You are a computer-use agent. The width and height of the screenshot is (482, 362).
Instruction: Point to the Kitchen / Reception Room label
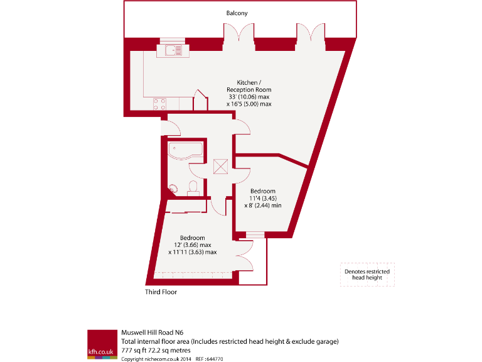(x=249, y=86)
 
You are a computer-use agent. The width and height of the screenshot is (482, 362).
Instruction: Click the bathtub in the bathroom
(x=185, y=150)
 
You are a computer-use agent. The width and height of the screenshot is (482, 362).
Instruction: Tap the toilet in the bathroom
(x=194, y=186)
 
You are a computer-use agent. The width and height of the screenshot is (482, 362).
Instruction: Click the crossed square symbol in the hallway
(x=221, y=166)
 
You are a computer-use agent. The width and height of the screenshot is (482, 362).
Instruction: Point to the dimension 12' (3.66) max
(x=192, y=245)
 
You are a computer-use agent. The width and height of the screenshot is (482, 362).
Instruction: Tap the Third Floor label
(x=161, y=292)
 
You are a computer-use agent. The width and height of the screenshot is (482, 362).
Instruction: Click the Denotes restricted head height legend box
(x=367, y=275)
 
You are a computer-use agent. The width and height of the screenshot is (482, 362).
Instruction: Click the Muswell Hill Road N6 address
(x=153, y=332)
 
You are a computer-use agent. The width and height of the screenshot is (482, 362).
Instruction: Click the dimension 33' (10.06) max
(x=249, y=96)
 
